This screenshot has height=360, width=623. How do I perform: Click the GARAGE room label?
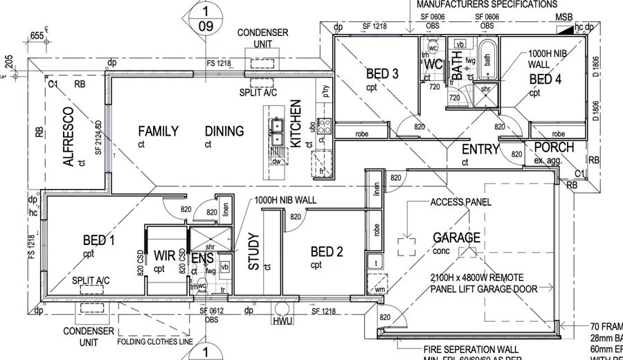[456, 237]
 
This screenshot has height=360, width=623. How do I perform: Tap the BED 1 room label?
[99, 240]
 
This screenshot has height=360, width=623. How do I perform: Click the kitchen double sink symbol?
[276, 126]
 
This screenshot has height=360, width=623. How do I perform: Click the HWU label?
[283, 322]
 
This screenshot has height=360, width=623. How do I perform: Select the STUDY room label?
[253, 251]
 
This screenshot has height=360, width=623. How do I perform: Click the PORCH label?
[554, 147]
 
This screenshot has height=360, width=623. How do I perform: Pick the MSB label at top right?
[564, 17]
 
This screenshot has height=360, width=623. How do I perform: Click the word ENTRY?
[480, 150]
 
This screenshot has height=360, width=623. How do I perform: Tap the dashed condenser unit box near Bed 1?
[90, 309]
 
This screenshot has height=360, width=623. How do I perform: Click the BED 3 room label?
[382, 74]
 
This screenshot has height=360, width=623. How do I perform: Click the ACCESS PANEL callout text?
[460, 203]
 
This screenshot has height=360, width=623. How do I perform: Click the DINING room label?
[224, 131]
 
